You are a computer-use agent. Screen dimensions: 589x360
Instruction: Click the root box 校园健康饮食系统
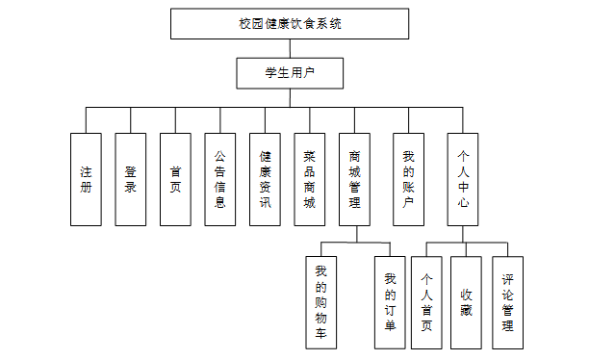click(290, 24)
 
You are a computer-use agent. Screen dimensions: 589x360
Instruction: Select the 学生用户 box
click(290, 73)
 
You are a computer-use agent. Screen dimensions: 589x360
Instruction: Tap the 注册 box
click(86, 179)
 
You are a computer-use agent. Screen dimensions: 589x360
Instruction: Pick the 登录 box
click(131, 179)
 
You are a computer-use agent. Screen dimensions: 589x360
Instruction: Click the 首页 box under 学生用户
click(175, 179)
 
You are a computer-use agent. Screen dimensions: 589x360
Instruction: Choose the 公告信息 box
click(220, 179)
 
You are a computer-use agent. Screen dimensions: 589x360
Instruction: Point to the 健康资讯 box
click(265, 179)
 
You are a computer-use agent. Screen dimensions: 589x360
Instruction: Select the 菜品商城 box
click(310, 179)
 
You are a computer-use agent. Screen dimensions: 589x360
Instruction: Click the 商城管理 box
click(354, 179)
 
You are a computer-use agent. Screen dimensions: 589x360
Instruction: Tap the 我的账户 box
click(409, 179)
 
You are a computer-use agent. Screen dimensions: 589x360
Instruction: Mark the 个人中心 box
click(463, 179)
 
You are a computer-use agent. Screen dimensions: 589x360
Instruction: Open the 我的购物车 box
click(321, 302)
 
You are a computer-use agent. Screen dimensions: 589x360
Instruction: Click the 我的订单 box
click(390, 302)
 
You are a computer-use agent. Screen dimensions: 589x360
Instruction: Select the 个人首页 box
click(426, 302)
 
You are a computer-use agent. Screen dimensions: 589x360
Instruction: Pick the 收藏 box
click(466, 302)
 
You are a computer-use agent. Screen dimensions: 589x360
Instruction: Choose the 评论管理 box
click(507, 302)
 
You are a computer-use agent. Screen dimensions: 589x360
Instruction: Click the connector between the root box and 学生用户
click(290, 48)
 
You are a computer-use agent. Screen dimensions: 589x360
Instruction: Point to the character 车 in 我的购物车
click(320, 333)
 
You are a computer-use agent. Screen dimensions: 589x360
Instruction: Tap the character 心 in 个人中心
click(463, 202)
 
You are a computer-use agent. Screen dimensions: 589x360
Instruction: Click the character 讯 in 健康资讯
click(266, 202)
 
